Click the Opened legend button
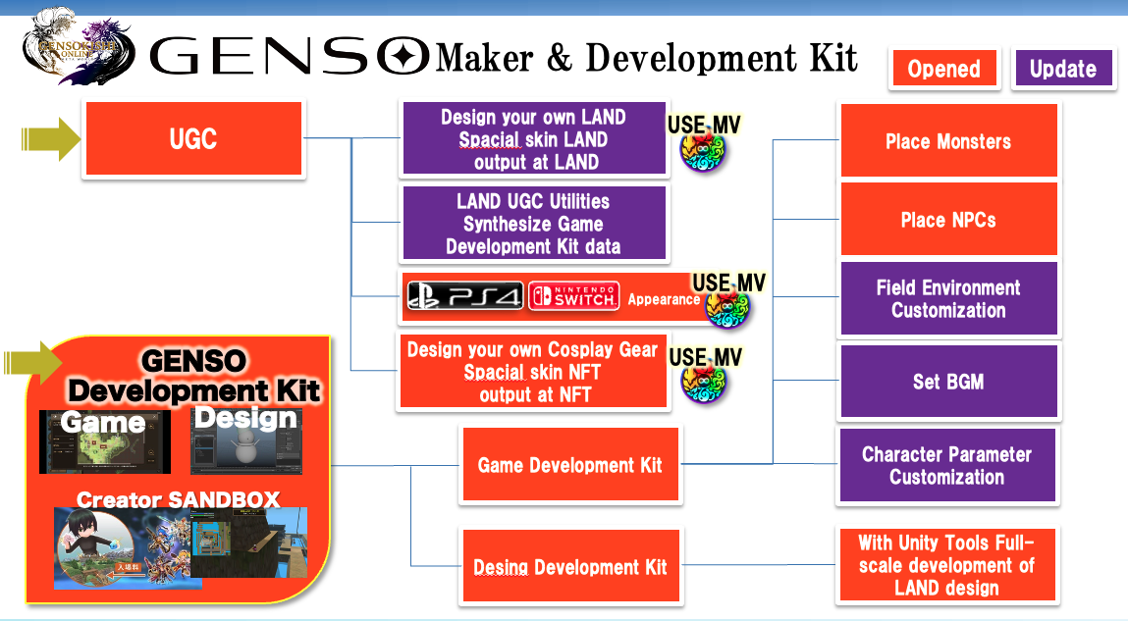pyautogui.click(x=943, y=70)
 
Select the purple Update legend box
pyautogui.click(x=1063, y=70)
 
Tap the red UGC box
pyautogui.click(x=193, y=139)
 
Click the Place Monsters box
pyautogui.click(x=947, y=141)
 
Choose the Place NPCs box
pyautogui.click(x=947, y=220)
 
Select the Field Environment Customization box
pyautogui.click(x=947, y=298)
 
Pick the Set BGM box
pyautogui.click(x=947, y=382)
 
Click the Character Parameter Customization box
pyautogui.click(x=946, y=466)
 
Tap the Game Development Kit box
pyautogui.click(x=569, y=465)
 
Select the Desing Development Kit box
pyautogui.click(x=569, y=567)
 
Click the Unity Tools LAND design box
pyautogui.click(x=946, y=565)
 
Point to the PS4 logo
pyautogui.click(x=465, y=297)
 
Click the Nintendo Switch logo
pyautogui.click(x=573, y=296)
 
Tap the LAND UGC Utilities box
pyautogui.click(x=533, y=224)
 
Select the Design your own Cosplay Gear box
pyautogui.click(x=533, y=372)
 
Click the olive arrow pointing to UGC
pyautogui.click(x=51, y=139)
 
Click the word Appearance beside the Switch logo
pyautogui.click(x=664, y=299)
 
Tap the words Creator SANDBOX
pyautogui.click(x=178, y=499)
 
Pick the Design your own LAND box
pyautogui.click(x=533, y=139)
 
